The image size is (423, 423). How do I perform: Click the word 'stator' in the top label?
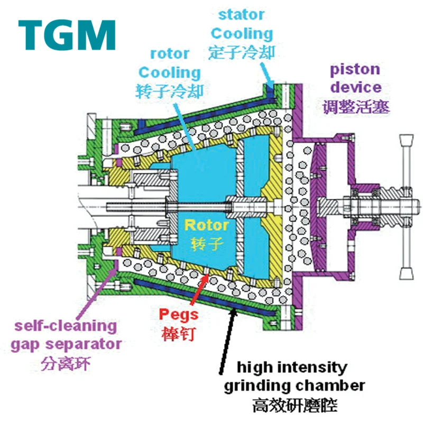click(x=241, y=14)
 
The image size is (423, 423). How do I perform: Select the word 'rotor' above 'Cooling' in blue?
click(x=170, y=53)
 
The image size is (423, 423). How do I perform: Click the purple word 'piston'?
click(x=355, y=70)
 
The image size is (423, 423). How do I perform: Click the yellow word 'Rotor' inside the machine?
click(x=206, y=225)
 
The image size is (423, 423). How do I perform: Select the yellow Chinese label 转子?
click(x=206, y=244)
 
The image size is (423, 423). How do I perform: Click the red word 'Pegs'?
click(x=179, y=315)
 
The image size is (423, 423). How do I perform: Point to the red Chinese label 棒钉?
click(x=179, y=334)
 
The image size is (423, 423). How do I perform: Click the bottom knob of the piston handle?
click(x=406, y=272)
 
